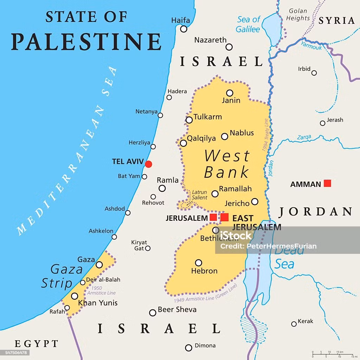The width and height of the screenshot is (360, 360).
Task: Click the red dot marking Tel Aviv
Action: [x=149, y=164]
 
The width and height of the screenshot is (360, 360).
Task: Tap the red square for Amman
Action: [x=327, y=183]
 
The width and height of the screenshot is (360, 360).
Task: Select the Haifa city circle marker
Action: [x=184, y=29]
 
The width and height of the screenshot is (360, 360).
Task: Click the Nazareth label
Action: [x=210, y=40]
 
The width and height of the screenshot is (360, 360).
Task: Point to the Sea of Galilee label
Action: [x=248, y=24]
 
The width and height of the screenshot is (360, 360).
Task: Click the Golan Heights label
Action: [x=297, y=14]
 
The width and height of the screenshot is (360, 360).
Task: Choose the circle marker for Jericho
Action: [x=255, y=201]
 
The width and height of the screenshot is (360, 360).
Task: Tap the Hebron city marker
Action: [x=199, y=263]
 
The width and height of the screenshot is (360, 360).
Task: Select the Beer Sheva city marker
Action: [x=153, y=313]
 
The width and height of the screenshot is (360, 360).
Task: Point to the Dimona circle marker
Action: [x=189, y=348]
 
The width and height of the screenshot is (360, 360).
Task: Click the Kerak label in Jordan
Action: [x=305, y=321]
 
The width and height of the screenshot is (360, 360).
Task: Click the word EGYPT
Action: [x=36, y=343]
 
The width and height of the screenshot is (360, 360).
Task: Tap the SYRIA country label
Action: [x=337, y=21]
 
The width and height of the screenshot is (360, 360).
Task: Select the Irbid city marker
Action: [x=314, y=73]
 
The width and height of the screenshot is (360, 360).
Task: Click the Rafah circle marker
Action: [x=67, y=308]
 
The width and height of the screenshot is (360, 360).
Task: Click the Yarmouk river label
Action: [x=311, y=45]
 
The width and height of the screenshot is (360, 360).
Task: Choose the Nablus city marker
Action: [x=224, y=136]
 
